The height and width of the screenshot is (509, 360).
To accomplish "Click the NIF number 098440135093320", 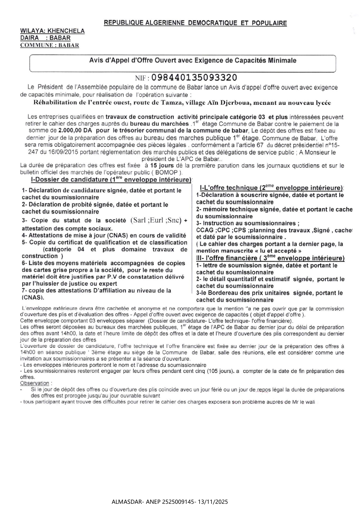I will tap(194, 77).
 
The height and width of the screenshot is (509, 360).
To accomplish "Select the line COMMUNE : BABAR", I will tap(50, 45).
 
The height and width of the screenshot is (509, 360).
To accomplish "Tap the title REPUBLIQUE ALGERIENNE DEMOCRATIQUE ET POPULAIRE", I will tap(195, 23).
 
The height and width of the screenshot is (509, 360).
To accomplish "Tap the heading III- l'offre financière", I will tap(270, 258).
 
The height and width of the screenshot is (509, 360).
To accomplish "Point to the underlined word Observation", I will tap(35, 383).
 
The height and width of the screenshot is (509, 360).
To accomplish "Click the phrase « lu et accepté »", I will tap(275, 251).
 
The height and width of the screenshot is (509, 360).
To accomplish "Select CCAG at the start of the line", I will tap(203, 230).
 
